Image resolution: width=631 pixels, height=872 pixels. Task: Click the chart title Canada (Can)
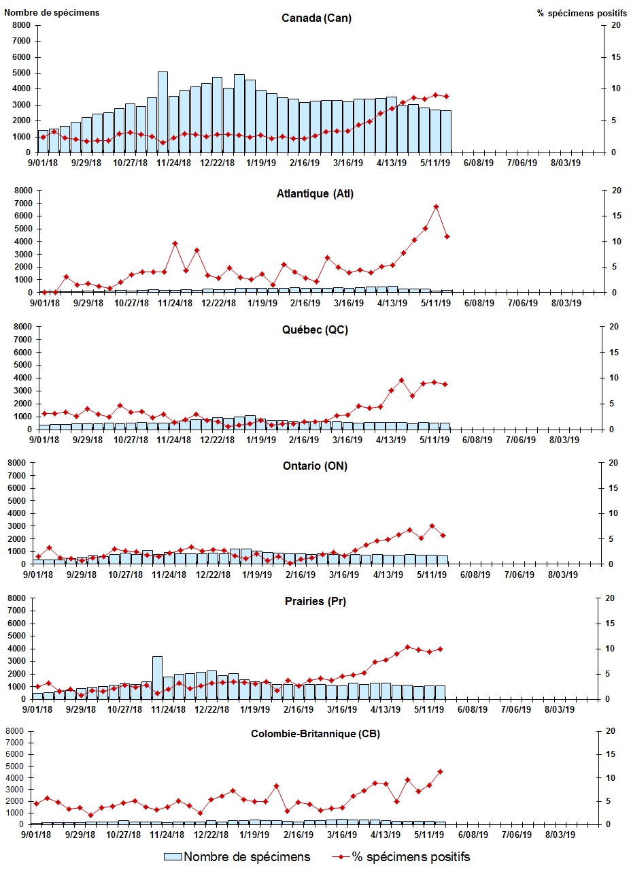pos(316,18)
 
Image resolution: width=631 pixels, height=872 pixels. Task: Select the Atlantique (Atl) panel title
pos(316,193)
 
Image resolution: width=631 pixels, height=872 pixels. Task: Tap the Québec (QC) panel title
pos(316,329)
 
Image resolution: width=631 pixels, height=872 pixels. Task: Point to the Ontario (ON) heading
pos(316,466)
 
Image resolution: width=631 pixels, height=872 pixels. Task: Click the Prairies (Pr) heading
pos(316,602)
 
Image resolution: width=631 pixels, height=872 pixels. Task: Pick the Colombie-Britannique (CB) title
pos(316,734)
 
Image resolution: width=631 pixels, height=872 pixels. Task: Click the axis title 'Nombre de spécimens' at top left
pos(52,12)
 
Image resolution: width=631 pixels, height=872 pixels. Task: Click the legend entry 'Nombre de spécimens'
pos(237,856)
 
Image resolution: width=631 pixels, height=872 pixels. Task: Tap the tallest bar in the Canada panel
pos(163,112)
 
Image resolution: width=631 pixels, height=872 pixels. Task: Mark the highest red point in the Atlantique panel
pos(436,206)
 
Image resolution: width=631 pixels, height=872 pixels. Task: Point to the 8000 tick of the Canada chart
pos(20,25)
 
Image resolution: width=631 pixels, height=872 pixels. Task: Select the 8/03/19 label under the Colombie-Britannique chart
pos(560,835)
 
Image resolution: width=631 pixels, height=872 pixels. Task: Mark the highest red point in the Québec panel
pos(401,381)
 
